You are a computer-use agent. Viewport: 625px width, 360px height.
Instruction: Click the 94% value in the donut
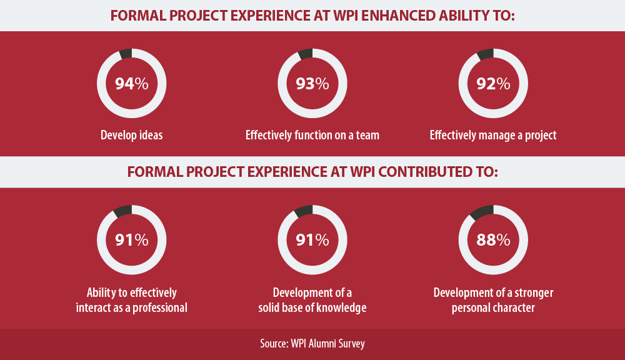(x=131, y=84)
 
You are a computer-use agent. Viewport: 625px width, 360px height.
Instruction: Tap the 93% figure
(x=312, y=84)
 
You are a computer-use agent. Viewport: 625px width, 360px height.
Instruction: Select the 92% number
(x=494, y=84)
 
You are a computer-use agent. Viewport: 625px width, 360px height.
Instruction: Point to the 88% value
(x=494, y=240)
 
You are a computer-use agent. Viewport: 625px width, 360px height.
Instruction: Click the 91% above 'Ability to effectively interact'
(x=131, y=240)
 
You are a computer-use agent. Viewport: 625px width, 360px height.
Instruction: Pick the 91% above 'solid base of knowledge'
(x=312, y=240)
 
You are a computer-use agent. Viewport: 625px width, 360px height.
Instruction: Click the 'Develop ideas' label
(x=131, y=135)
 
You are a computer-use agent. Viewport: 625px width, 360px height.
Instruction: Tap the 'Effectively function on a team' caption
(x=312, y=135)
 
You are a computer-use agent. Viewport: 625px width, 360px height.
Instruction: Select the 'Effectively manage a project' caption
(x=493, y=135)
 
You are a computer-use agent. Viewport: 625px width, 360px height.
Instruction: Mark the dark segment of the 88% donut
(x=481, y=212)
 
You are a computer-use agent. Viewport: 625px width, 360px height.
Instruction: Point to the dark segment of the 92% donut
(x=485, y=54)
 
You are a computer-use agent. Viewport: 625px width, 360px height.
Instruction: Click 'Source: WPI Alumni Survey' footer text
(x=312, y=344)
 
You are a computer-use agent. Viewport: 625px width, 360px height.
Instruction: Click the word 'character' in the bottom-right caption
(x=513, y=308)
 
